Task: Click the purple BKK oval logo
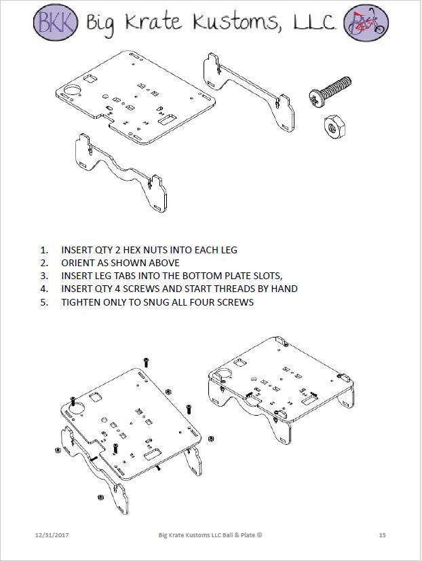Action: [55, 22]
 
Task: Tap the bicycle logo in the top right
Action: [366, 22]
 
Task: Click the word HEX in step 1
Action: [130, 250]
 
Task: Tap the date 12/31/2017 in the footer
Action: [52, 535]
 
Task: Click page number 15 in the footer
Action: [383, 535]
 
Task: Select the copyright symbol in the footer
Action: [259, 535]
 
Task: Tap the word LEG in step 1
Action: [229, 250]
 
